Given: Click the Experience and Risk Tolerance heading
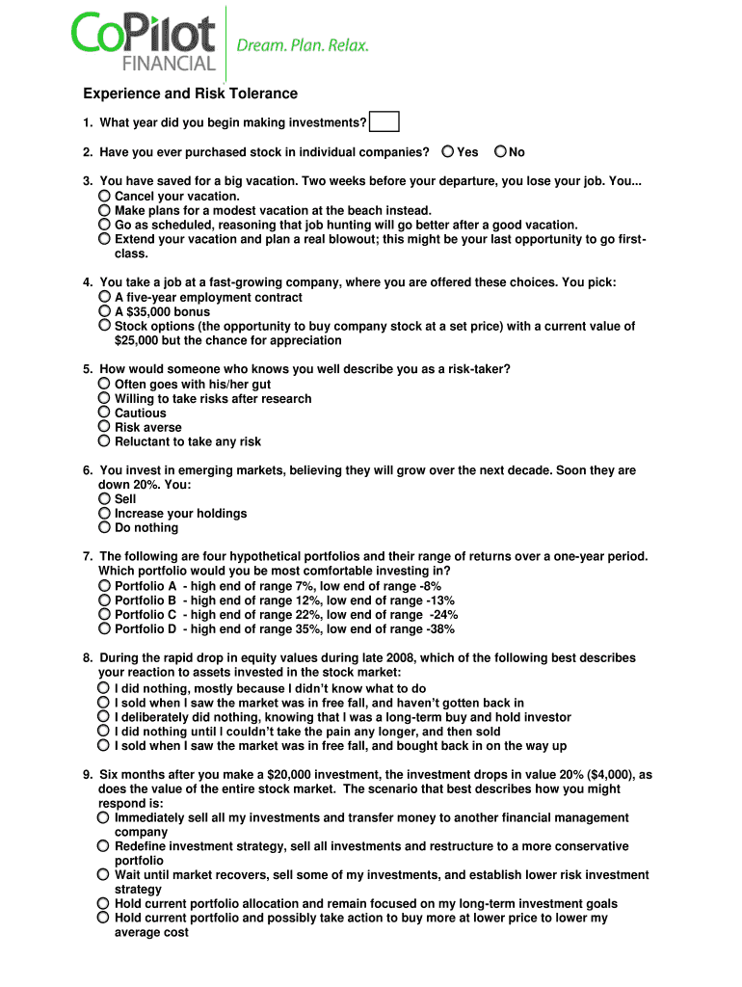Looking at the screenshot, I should click(x=190, y=93).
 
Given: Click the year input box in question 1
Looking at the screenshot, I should click(x=384, y=122).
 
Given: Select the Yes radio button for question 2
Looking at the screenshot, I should click(x=448, y=151).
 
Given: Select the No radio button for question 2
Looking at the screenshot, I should click(x=500, y=151).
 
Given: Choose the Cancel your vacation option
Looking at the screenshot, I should click(x=104, y=196).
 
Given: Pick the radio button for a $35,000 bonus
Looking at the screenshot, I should click(x=104, y=311).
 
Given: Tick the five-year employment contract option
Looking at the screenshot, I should click(x=104, y=297).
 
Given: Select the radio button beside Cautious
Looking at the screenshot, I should click(x=104, y=413).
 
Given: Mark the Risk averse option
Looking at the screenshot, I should click(x=104, y=427).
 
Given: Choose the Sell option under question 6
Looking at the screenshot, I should click(x=104, y=499).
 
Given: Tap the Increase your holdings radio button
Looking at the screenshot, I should click(x=104, y=514).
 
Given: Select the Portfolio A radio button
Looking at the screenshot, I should click(x=104, y=586).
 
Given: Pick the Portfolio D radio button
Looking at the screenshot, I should click(x=104, y=629).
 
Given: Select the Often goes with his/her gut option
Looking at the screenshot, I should click(x=104, y=384).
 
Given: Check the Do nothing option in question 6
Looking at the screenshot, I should click(x=104, y=528).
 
